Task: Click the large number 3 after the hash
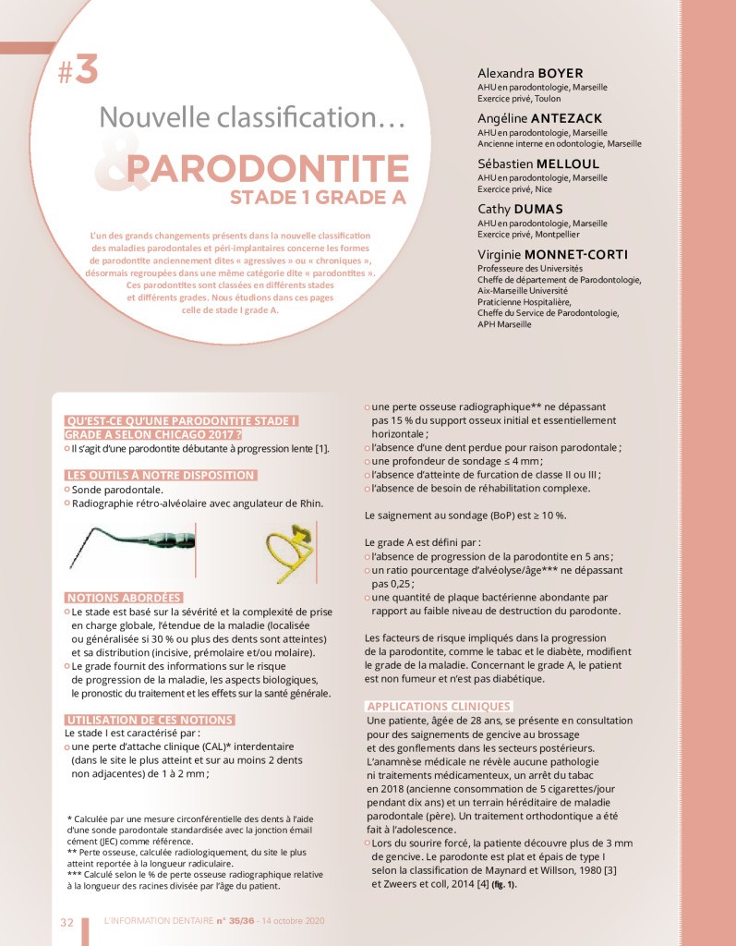tap(86, 71)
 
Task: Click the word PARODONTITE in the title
tap(268, 169)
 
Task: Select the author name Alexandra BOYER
tap(530, 73)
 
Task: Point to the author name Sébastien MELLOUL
tap(538, 164)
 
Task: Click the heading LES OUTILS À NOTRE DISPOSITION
tap(160, 475)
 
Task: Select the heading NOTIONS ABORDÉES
tap(123, 598)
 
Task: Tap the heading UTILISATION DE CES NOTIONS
tap(150, 720)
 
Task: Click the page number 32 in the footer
tap(66, 921)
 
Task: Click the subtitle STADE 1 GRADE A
tap(319, 198)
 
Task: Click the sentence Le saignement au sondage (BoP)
tap(465, 514)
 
